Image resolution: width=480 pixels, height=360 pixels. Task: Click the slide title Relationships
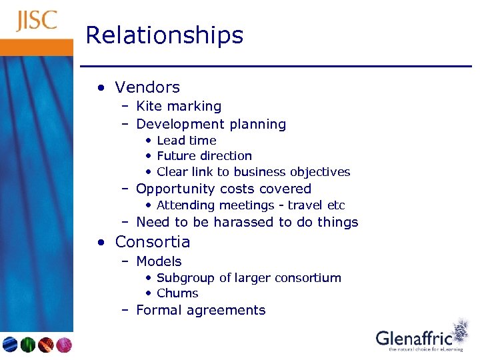[x=165, y=35]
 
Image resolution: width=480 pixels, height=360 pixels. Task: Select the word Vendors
[x=147, y=87]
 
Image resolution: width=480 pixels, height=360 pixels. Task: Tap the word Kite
[x=148, y=106]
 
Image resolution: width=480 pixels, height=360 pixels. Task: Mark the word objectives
[x=318, y=172]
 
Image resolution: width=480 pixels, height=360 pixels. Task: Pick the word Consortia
[x=153, y=242]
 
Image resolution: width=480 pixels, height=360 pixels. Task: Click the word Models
[x=159, y=261]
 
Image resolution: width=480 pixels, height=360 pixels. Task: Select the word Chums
[x=177, y=293]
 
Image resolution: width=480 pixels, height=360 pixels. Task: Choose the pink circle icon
[x=64, y=345]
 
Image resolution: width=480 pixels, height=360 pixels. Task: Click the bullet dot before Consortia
[x=99, y=243]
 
